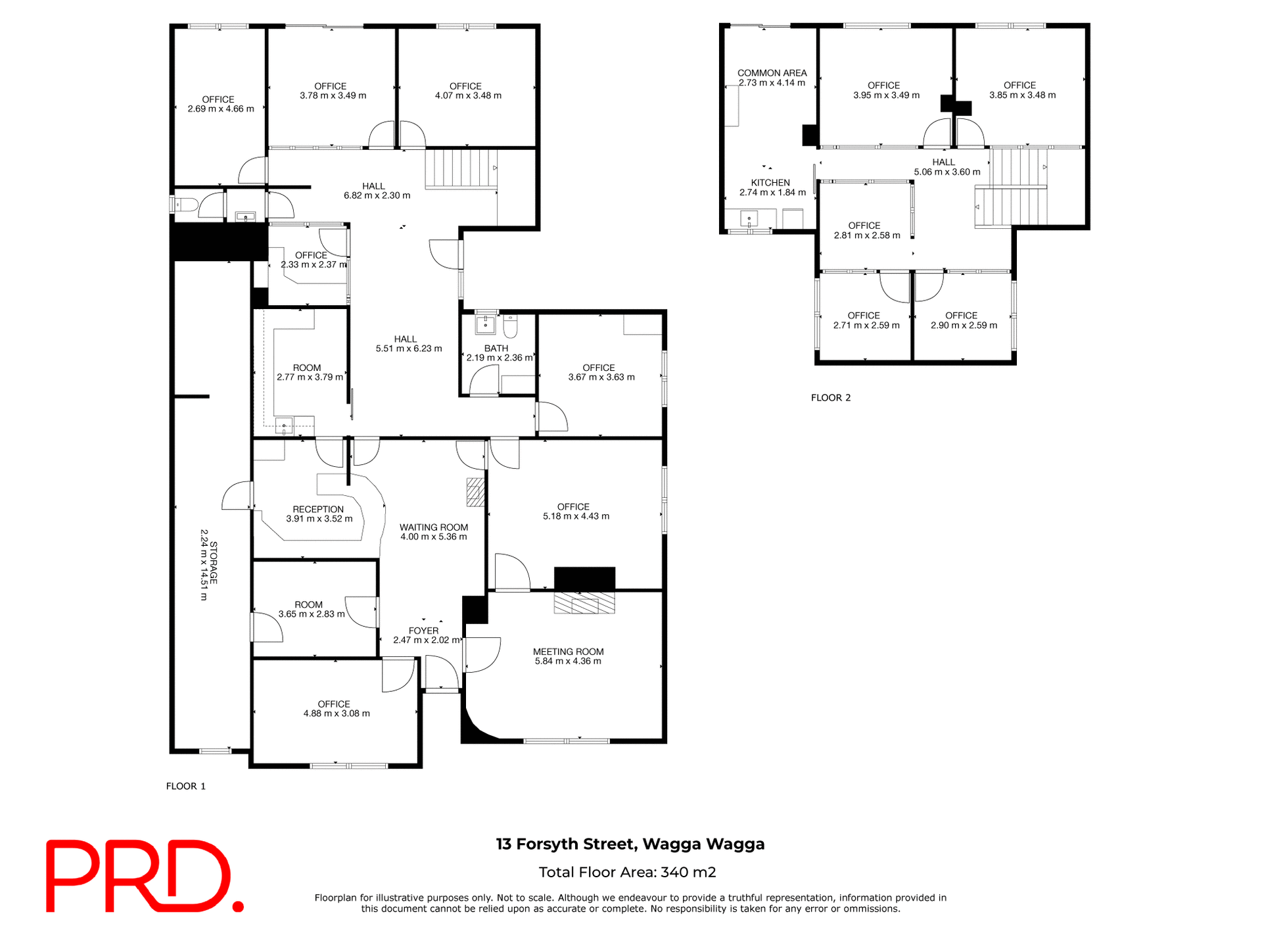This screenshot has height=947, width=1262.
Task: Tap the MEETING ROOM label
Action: (x=568, y=652)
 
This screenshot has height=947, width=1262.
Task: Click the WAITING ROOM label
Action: (x=434, y=527)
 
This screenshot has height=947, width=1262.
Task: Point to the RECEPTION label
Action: (x=318, y=509)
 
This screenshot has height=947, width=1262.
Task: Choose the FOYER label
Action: (x=423, y=631)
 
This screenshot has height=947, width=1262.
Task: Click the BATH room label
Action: (x=496, y=349)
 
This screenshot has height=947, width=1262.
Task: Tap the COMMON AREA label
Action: (x=772, y=73)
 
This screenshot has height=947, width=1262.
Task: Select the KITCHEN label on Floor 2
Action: (x=770, y=183)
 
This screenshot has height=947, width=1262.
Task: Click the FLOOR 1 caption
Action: (x=186, y=786)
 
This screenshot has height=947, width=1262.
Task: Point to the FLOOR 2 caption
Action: (x=831, y=398)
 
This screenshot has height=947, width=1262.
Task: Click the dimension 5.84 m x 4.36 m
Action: (x=568, y=662)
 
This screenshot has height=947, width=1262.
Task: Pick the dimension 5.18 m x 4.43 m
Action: (x=576, y=516)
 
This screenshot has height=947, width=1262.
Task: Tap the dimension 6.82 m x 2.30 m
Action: (x=377, y=195)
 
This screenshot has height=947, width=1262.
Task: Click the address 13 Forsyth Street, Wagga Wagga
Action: (x=630, y=844)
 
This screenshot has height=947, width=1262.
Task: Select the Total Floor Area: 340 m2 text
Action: (x=627, y=872)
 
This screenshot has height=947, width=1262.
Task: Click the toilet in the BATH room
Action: (x=511, y=326)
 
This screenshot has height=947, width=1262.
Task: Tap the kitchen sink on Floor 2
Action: (x=749, y=218)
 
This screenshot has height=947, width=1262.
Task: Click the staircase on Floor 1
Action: (x=459, y=168)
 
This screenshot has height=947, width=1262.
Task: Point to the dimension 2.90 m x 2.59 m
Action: (x=964, y=326)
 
